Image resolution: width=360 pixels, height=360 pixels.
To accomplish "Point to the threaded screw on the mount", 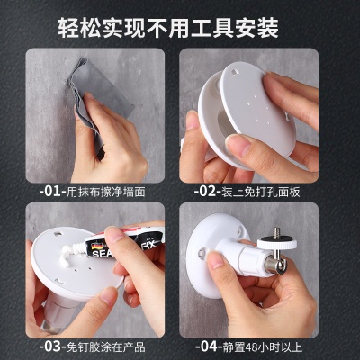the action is point(276,231).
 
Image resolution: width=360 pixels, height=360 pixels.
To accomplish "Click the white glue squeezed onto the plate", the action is point(68,256).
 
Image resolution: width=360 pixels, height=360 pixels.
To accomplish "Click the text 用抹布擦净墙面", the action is point(106,192).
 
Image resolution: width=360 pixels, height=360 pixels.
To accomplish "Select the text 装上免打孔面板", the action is point(261,192).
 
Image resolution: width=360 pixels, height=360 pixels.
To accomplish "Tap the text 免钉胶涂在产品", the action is point(106,346).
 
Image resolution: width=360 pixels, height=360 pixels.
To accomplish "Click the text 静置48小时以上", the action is point(263,346).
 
